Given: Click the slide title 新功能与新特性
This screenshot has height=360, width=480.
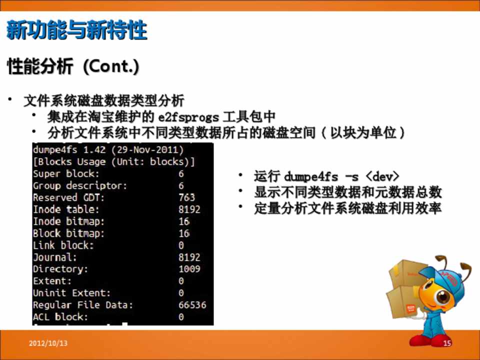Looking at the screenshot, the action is pos(77,30).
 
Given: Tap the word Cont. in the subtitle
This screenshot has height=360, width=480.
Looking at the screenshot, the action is pos(111,66).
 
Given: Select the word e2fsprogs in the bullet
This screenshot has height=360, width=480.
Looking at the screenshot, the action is pos(188,117).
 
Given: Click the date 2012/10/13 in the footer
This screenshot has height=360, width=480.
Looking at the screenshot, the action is pos(48,343).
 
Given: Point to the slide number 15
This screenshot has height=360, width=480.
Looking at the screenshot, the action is pos(447,343).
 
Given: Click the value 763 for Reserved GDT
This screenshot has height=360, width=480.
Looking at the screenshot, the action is pos(186,197).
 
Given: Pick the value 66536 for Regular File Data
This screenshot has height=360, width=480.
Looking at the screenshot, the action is pos(192,305).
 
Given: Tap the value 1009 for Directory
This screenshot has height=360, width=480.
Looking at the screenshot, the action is pos(189,269).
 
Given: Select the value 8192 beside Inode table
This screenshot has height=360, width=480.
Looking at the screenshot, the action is pos(189,209).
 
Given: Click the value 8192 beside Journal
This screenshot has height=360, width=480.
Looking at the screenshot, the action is pos(189,257).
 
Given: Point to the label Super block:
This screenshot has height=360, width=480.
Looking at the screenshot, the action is pos(66,174).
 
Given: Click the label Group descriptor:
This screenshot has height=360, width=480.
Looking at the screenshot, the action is pos(80,186).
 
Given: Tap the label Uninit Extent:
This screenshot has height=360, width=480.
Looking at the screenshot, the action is pos(71,293).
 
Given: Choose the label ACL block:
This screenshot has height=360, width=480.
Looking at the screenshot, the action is pos(60,317).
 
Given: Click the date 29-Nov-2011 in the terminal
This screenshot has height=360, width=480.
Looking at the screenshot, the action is pos(148,150).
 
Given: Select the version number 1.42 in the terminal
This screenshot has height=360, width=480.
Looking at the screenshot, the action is pos(94,150).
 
